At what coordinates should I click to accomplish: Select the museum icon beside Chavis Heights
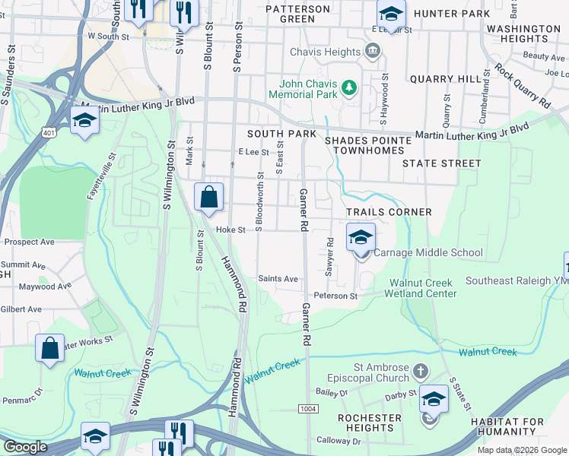point(373,52)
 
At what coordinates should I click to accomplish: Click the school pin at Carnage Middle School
point(361,239)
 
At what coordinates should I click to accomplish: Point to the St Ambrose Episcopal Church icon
point(421,372)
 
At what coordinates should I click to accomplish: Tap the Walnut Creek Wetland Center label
point(423,288)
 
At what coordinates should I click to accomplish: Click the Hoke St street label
point(230,230)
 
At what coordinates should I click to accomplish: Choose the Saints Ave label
point(278,279)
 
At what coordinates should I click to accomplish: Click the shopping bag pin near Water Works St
point(49,350)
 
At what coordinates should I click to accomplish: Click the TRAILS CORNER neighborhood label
point(389,212)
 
